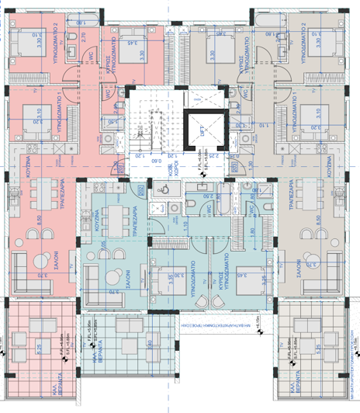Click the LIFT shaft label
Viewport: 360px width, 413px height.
tap(200, 132)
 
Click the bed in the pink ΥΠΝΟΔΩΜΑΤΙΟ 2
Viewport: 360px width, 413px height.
tap(28, 34)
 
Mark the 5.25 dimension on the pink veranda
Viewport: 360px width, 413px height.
tap(39, 349)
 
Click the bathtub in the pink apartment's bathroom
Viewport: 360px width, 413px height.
tap(106, 15)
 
